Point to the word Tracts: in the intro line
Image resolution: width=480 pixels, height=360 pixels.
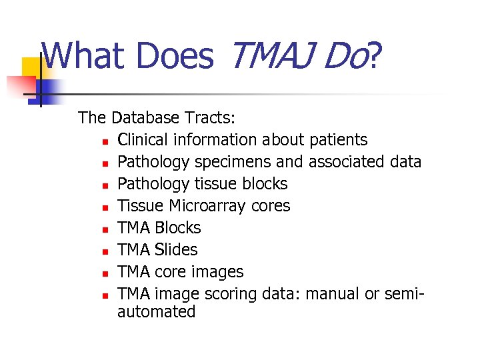[x=210, y=118]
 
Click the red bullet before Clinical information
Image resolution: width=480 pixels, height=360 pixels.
[x=105, y=141]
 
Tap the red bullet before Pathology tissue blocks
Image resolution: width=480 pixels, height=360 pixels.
[x=105, y=185]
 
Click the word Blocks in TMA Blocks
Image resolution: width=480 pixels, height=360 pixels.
[x=177, y=228]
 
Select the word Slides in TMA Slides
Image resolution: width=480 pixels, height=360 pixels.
[x=176, y=250]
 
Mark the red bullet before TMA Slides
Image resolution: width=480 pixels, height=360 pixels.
[x=105, y=251]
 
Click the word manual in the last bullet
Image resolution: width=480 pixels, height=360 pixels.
[x=333, y=294]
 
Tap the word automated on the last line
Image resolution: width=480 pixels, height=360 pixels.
[x=156, y=312]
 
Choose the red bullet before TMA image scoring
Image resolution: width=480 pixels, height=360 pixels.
[x=105, y=295]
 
